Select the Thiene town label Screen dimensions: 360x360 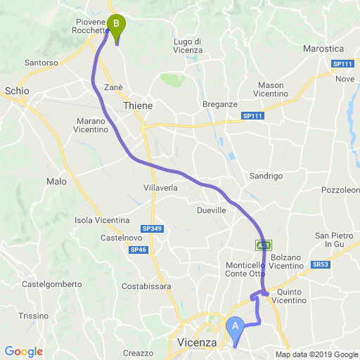(x=137, y=105)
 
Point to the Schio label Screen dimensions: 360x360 (x=17, y=91)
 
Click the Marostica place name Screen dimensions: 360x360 (x=323, y=49)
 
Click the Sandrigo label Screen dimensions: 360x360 (x=266, y=176)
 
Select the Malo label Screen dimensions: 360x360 (x=56, y=181)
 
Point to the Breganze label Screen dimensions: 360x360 (x=220, y=104)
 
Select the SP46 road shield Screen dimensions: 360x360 (x=138, y=250)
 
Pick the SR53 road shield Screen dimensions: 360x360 (x=321, y=264)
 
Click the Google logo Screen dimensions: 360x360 (x=23, y=352)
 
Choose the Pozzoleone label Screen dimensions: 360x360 (x=340, y=191)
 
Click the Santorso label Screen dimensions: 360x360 (x=41, y=63)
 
